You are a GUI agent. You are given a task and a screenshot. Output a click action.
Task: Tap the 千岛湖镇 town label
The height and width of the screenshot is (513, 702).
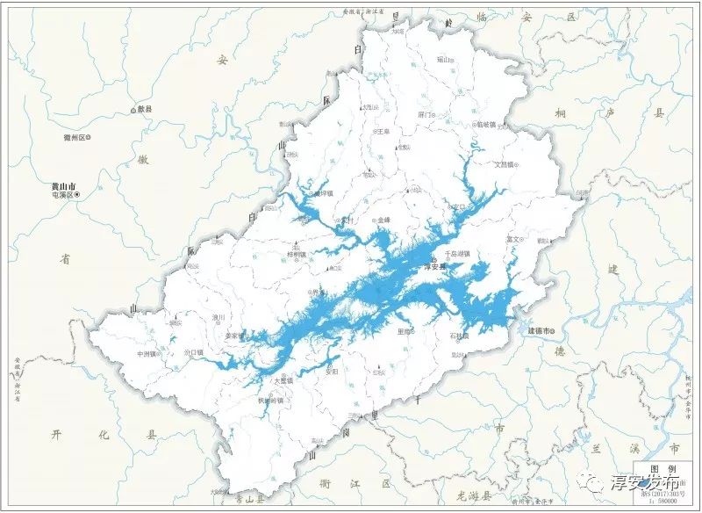pyautogui.click(x=457, y=254)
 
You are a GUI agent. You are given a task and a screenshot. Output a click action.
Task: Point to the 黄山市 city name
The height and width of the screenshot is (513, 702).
pyautogui.click(x=64, y=186)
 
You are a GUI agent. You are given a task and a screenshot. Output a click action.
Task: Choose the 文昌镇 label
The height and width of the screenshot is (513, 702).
pyautogui.click(x=510, y=163)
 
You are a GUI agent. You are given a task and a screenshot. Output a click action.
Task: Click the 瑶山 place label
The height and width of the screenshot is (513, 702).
pyautogui.click(x=444, y=60)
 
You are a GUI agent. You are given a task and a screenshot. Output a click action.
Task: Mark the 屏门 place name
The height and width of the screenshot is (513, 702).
pyautogui.click(x=426, y=115)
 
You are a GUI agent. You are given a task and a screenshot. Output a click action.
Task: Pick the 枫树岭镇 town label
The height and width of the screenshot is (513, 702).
pyautogui.click(x=270, y=400)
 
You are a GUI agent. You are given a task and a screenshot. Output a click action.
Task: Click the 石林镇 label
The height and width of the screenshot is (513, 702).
pyautogui.click(x=460, y=336)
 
